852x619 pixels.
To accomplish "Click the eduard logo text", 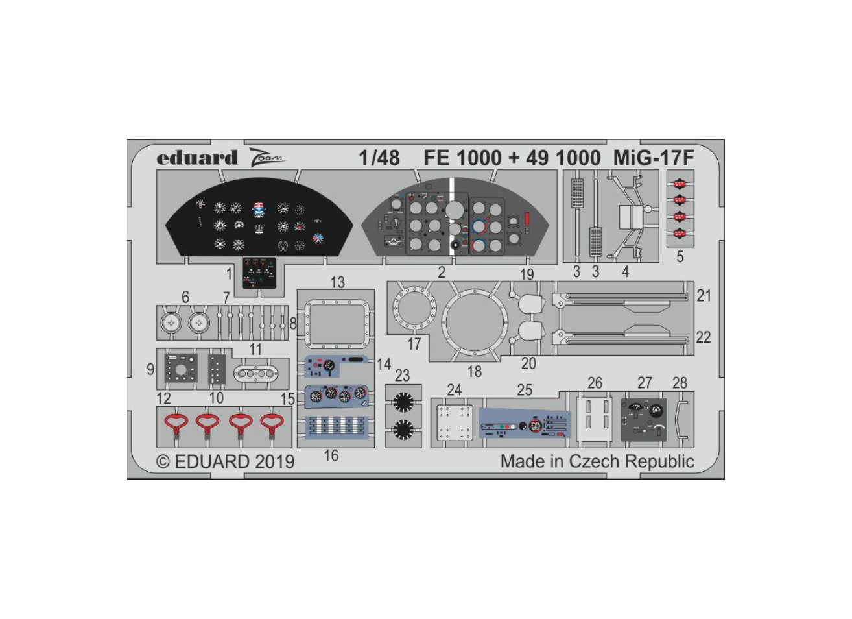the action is coord(197,158).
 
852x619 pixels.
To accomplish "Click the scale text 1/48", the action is coord(379,158).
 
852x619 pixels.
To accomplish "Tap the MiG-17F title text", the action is coord(654,158).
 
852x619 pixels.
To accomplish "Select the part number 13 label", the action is coord(337,282).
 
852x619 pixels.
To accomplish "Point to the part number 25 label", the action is coord(525,389).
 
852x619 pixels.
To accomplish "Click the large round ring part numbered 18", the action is coord(474,322).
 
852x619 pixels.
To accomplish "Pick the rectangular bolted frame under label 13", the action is coord(338,324).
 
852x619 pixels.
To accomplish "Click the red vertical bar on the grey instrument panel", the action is coord(527,219).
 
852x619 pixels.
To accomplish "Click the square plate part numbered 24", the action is coord(455,422).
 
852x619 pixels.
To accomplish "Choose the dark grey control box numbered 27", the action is coord(644,420).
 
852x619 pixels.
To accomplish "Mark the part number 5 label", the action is coord(680,258).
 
